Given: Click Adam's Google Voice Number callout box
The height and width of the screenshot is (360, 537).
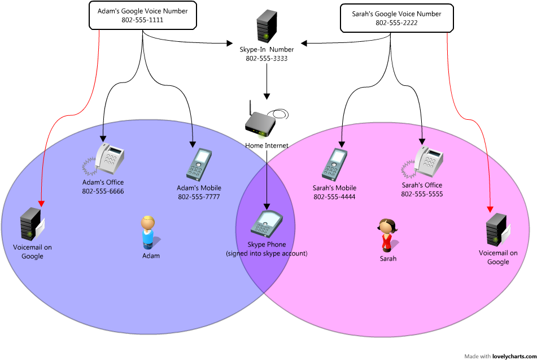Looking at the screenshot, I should click(x=142, y=16).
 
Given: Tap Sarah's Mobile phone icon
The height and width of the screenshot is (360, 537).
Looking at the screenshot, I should click(x=334, y=164).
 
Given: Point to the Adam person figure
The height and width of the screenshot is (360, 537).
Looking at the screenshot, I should click(x=148, y=232).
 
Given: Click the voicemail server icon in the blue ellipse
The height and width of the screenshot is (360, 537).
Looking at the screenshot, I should click(x=31, y=224).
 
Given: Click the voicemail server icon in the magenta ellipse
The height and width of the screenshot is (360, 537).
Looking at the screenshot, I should click(x=497, y=229).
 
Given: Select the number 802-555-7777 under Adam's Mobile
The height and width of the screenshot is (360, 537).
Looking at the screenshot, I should click(x=199, y=197).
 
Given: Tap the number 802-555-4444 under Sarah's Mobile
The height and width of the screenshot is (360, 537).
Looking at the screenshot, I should click(x=334, y=197).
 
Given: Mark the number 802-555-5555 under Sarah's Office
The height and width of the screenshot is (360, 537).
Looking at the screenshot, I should click(x=422, y=194).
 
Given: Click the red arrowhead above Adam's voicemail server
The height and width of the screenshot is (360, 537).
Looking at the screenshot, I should click(x=41, y=203).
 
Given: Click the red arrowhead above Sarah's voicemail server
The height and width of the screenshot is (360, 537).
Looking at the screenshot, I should click(x=490, y=209).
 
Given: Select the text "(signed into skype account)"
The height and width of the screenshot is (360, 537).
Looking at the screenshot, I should click(x=267, y=254).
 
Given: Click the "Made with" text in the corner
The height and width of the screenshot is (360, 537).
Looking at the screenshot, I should click(x=477, y=356).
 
